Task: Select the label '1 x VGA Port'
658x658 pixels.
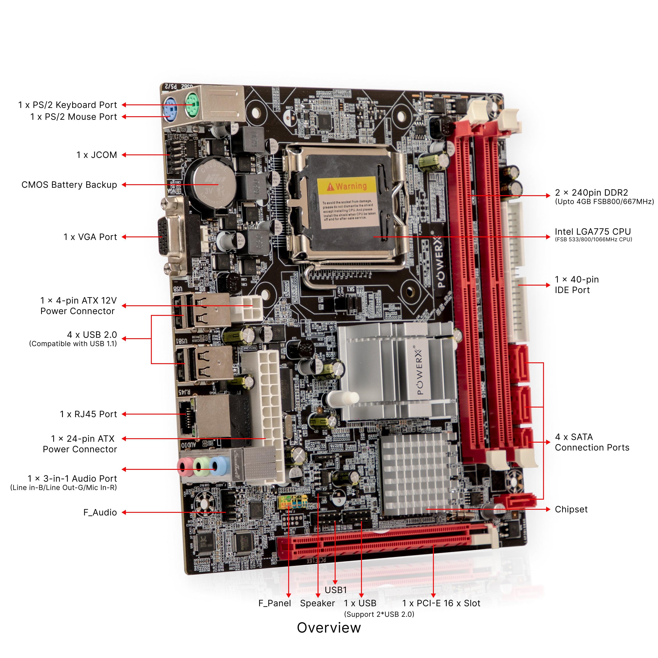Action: click(x=90, y=237)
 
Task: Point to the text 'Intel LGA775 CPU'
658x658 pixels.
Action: click(x=593, y=232)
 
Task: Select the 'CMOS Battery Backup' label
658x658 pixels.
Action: click(x=69, y=185)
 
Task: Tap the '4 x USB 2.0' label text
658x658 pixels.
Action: click(x=92, y=335)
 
